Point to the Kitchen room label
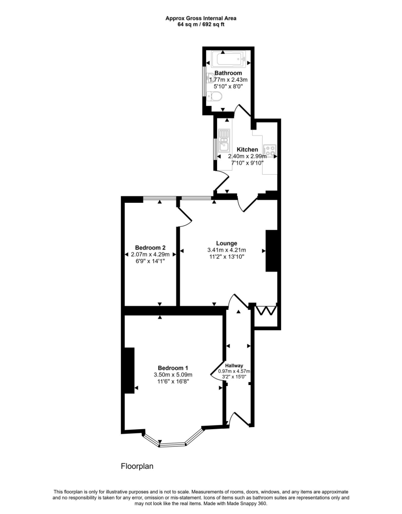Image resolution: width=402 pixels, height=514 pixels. click(247, 150)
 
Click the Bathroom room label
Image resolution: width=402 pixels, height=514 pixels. click(228, 73)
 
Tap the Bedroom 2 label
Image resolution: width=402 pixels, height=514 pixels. click(150, 247)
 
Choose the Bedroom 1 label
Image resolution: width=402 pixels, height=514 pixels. click(173, 367)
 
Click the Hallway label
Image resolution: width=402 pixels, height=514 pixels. click(234, 365)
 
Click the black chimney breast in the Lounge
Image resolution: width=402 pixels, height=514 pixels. click(271, 250)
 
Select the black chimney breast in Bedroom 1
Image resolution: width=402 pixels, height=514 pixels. click(129, 370)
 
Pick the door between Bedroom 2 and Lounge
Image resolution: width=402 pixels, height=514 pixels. click(184, 215)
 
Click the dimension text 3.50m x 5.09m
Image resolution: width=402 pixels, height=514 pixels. click(173, 374)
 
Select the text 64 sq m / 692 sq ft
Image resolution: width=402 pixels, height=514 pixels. click(200, 25)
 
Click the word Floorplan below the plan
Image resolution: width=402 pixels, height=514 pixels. click(137, 466)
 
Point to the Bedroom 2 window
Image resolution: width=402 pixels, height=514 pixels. click(159, 198)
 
